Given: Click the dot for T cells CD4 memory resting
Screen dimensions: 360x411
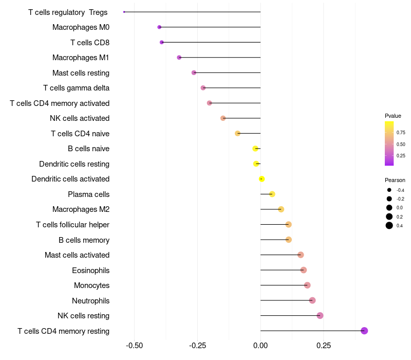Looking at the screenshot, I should point(364,331).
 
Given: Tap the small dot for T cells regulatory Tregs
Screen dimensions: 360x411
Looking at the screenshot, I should point(124,12).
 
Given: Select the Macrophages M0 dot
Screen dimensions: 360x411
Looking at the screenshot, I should point(159,27).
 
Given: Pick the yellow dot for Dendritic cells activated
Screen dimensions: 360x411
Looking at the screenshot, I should point(261,179).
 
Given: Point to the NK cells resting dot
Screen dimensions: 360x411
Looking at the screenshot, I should point(320,316).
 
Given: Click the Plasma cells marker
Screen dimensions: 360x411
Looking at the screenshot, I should point(272,194).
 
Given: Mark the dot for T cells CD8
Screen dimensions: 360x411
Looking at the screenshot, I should point(162,42).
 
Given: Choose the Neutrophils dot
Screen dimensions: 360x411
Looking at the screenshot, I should point(312,300).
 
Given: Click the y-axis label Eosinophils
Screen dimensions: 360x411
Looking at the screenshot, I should point(90,270).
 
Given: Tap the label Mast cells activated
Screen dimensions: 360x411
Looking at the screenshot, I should point(77,255).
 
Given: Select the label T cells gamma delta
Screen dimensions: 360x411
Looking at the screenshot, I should point(76,88).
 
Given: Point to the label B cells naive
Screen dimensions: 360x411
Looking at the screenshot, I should point(88,149).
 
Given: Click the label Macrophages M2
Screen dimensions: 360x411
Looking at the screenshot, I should point(81,209).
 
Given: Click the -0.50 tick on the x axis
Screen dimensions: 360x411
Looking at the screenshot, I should point(135,345).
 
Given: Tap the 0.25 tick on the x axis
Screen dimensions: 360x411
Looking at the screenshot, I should point(324,345).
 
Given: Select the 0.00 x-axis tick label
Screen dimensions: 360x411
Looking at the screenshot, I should point(260,345).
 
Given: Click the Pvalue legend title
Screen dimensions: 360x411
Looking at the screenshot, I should point(393,116).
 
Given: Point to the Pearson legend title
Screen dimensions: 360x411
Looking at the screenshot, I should point(395,180).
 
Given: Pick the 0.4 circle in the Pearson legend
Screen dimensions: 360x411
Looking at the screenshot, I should point(389,225).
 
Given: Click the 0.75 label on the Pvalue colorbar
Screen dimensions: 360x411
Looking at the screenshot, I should point(401,133).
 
